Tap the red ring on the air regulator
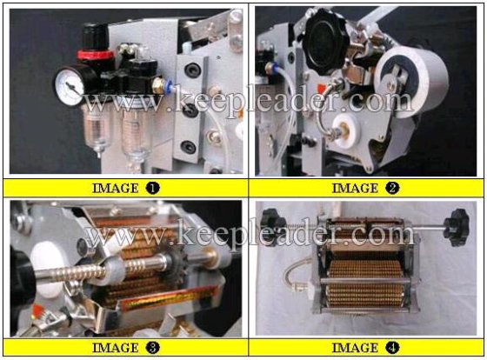click(x=90, y=53)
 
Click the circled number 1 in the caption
click(x=151, y=187)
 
